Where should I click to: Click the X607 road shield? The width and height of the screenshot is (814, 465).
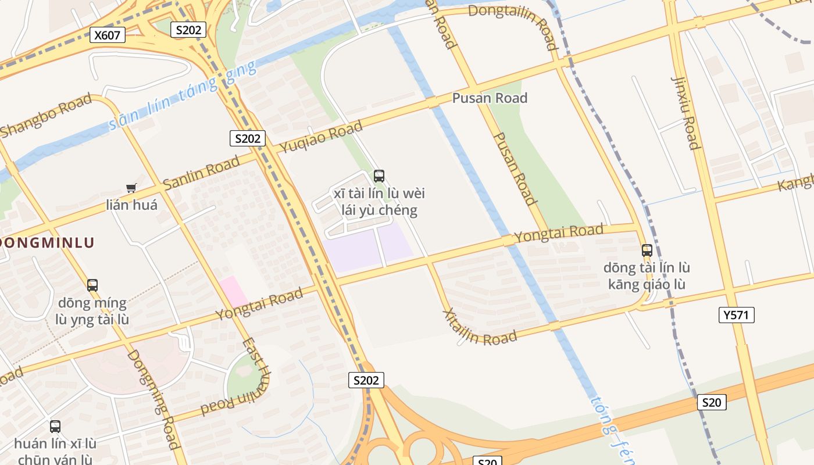(108, 35)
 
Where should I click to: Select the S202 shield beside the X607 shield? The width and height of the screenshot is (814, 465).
(188, 30)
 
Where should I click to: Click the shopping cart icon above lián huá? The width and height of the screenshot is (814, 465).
(131, 188)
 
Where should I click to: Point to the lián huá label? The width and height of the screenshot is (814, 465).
(131, 205)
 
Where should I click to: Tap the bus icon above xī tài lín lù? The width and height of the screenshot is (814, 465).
(379, 176)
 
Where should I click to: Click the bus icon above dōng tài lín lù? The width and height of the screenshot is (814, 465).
(647, 251)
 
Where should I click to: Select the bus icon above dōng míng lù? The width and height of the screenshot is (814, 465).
(92, 285)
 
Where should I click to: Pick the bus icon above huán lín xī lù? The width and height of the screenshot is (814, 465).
(55, 427)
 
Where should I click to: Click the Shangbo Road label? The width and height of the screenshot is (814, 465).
(46, 115)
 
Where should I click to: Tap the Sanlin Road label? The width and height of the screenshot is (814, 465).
(201, 173)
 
